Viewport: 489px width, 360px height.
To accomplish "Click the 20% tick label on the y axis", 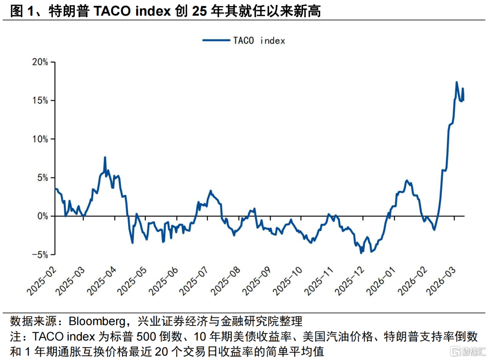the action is click(40, 62).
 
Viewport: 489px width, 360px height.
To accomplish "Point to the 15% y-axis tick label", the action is click(40, 101).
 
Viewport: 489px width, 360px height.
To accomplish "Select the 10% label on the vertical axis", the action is click(40, 139).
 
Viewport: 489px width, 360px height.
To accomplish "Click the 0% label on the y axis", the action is click(43, 216).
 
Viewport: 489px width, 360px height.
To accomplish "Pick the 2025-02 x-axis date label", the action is click(42, 281).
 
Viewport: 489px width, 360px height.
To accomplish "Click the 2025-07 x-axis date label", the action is click(194, 281).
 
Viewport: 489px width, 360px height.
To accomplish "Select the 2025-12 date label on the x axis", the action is click(349, 281).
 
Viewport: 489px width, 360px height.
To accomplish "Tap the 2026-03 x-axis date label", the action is click(441, 281).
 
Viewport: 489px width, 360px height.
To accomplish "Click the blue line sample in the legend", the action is click(216, 40).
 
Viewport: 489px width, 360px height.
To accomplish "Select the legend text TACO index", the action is click(259, 41).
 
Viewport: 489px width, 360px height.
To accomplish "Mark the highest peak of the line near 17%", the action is click(456, 82).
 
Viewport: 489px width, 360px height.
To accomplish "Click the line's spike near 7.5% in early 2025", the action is click(105, 157).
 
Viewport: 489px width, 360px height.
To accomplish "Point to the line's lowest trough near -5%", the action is click(361, 253).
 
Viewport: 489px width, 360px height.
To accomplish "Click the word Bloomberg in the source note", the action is click(97, 322).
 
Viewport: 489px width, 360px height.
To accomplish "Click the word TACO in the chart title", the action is click(112, 11).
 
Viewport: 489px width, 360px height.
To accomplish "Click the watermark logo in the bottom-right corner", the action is click(468, 351).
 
